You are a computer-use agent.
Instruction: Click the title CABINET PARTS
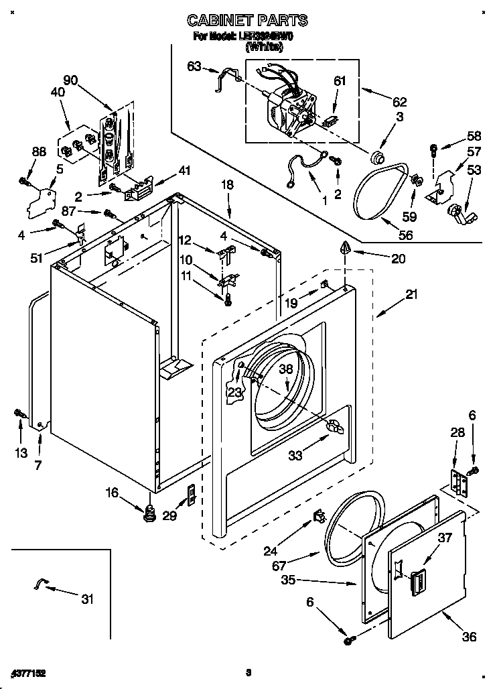246,21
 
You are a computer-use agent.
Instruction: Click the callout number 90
70,80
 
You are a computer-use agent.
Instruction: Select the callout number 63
194,66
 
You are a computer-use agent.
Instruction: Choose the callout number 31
87,599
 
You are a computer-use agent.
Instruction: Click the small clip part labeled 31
41,585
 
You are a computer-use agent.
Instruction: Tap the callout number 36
470,637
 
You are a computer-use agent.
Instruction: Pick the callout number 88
40,152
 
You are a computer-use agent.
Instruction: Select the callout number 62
399,103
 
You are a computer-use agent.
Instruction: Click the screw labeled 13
20,416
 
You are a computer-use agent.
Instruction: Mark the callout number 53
474,171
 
